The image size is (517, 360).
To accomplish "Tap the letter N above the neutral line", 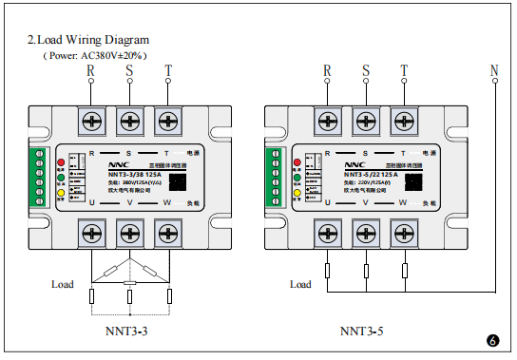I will coord(493,70).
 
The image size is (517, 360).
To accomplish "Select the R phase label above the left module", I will coord(91,70).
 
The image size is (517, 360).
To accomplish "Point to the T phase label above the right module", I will coord(404,70).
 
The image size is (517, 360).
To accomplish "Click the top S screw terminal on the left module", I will coord(129,120).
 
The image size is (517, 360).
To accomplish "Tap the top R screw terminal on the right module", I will coord(327,120).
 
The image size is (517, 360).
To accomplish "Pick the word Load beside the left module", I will coord(62,284).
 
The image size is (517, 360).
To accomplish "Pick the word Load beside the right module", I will coord(299,284).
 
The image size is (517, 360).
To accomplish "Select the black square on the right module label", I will coord(418,181).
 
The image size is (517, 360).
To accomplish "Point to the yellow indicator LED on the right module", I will coord(297,191).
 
